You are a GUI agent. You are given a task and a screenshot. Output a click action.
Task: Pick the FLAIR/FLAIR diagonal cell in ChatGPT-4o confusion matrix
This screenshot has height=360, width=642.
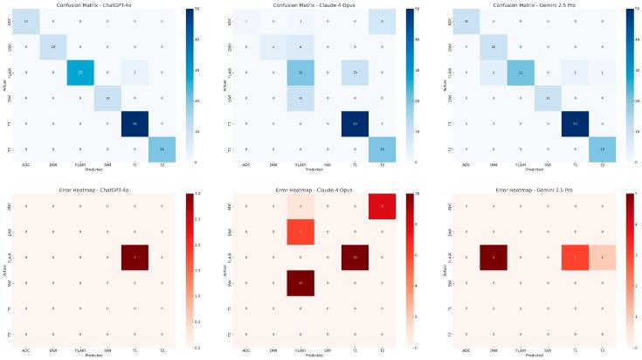[80, 75]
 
